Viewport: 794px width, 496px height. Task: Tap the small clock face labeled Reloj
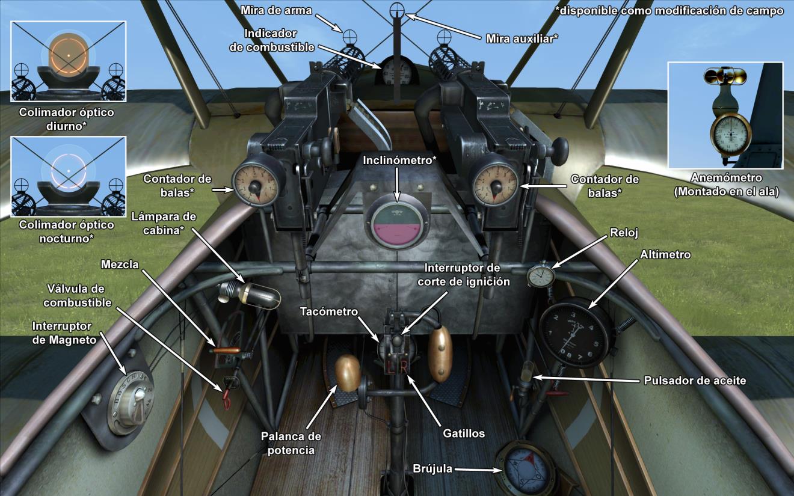[x=540, y=276]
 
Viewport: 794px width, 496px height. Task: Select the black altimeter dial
[x=575, y=332]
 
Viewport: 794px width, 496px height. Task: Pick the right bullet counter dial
[x=496, y=182]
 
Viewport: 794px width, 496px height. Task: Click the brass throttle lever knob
[x=347, y=373]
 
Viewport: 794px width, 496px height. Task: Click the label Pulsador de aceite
[x=695, y=381]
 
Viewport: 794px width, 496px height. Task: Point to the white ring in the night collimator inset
[x=68, y=170]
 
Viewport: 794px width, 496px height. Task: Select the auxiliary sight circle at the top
[x=397, y=10]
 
